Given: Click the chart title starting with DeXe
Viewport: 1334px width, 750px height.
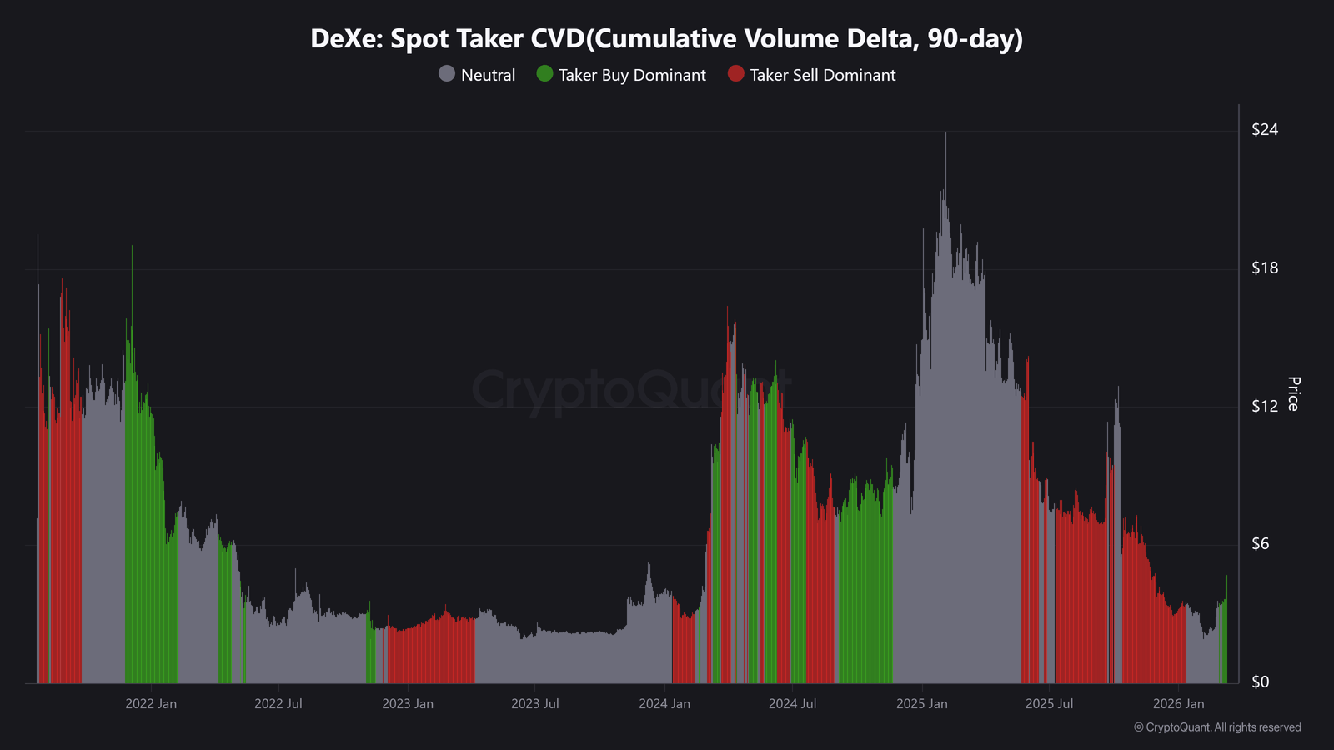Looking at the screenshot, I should point(666,38).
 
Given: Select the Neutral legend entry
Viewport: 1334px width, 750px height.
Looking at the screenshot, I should point(488,75).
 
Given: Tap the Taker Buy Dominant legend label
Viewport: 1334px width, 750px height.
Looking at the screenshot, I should point(632,75).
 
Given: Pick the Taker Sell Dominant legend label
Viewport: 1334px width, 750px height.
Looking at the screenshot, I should point(822,75).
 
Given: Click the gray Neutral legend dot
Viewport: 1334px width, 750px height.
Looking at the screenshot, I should point(447,74).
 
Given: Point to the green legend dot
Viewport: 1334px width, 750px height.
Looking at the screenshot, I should point(545,74).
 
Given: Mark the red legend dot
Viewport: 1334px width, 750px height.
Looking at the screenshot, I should point(735,74).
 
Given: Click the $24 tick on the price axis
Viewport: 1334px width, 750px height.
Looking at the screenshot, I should point(1265,129).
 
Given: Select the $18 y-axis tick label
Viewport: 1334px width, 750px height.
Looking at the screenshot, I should point(1265,267).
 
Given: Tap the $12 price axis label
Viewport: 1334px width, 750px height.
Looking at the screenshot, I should point(1265,406).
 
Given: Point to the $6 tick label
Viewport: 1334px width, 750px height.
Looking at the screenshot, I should point(1261,543).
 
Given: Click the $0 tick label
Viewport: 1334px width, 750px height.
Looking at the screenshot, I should point(1261,682).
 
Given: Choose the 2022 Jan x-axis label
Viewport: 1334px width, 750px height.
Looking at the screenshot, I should point(151,704).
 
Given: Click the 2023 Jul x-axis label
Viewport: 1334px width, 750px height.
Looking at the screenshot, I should point(535,704).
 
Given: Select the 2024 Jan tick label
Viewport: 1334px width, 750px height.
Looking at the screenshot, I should point(664,704).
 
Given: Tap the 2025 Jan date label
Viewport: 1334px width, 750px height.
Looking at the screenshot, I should point(922,704).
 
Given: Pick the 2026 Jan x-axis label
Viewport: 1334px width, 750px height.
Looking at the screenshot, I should point(1179,704).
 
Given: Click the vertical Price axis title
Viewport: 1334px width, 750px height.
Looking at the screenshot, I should point(1293,393).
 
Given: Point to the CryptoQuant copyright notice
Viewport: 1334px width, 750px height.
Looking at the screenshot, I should point(1217,727).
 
